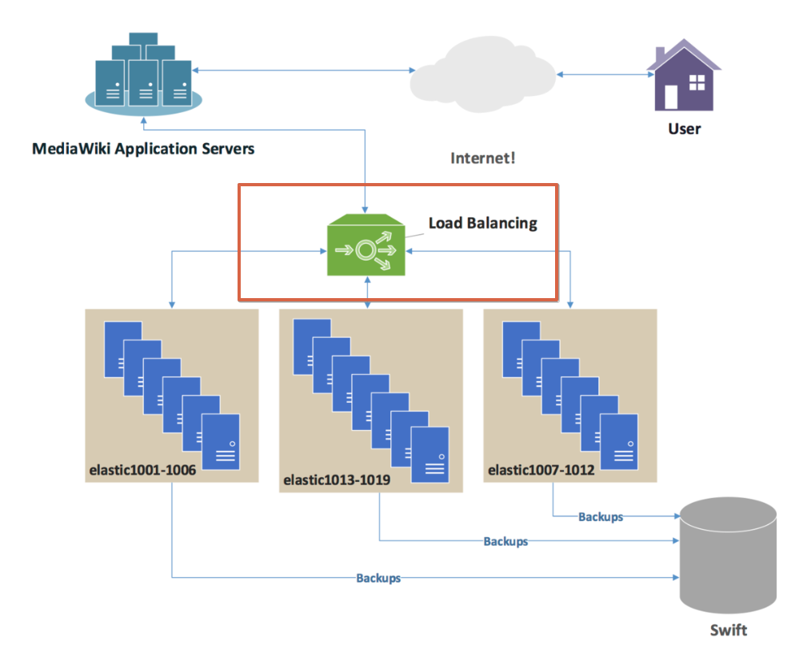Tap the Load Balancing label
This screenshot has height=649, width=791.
click(x=482, y=223)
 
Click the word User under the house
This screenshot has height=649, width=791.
click(x=684, y=128)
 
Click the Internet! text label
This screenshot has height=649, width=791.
click(x=482, y=157)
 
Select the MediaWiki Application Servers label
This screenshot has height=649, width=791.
click(x=143, y=149)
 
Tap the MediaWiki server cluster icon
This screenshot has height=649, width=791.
click(x=143, y=72)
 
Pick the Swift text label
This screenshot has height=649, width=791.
click(x=728, y=631)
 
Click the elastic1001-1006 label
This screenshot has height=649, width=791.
click(x=142, y=472)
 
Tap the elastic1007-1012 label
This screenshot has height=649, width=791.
click(x=541, y=470)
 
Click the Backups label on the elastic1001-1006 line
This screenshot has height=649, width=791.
click(x=378, y=577)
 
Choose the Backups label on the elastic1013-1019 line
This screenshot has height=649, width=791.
click(x=505, y=541)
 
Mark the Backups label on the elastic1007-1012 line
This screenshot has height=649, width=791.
click(x=601, y=516)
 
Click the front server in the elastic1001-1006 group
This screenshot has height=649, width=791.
click(x=221, y=442)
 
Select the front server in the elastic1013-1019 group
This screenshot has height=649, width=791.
click(x=431, y=454)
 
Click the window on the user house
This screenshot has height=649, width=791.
click(x=697, y=83)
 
